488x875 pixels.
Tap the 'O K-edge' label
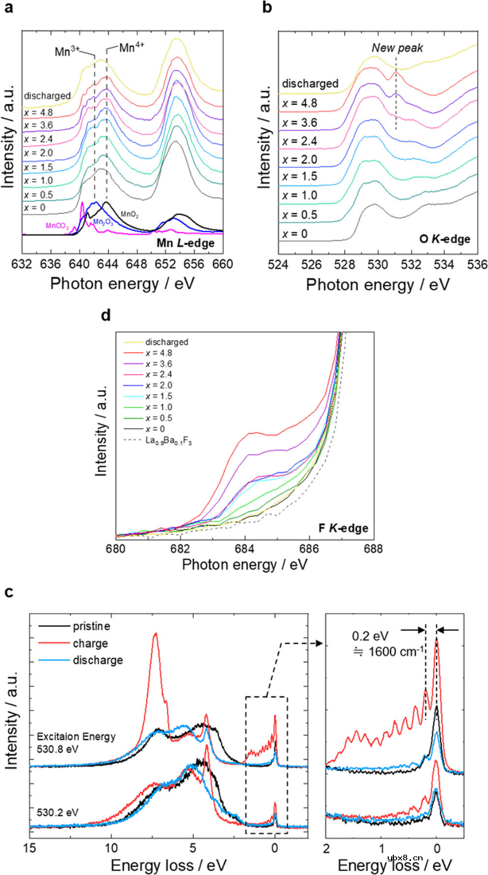[447, 240]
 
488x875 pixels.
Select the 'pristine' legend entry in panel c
[90, 627]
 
